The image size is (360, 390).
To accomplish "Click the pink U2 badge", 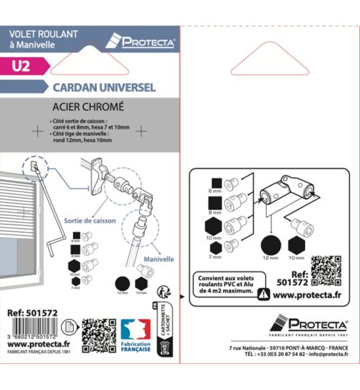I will [x=22, y=66].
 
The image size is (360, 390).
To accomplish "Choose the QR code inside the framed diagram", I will [x=331, y=265].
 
